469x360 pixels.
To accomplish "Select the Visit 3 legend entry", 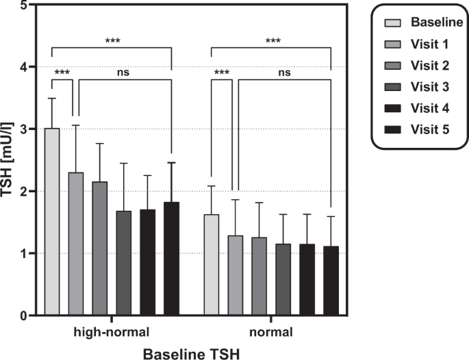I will [418, 87].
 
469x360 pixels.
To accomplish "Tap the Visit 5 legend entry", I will [418, 129].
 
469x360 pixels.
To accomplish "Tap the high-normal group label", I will [112, 333].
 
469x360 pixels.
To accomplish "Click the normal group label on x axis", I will [271, 333].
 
